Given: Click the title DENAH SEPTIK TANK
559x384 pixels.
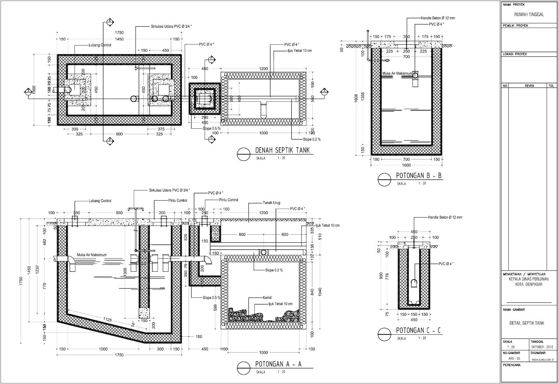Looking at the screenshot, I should tap(282, 150).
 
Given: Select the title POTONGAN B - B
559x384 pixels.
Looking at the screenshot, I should tap(419, 176).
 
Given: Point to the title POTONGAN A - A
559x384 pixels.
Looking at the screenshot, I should tap(276, 364).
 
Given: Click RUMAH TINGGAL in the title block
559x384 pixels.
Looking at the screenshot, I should tap(529, 15).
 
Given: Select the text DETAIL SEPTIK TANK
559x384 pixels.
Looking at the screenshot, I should tap(527, 323).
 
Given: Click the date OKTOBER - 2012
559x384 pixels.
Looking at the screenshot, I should tap(542, 347).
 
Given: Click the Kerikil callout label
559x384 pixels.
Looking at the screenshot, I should tap(267, 298).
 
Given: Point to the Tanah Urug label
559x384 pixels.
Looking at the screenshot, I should tap(271, 203).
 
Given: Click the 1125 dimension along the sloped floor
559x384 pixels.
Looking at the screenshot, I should tap(107, 319).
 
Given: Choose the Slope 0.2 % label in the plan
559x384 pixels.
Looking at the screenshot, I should tap(312, 139).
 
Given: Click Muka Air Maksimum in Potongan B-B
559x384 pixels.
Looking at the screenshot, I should tap(397, 73).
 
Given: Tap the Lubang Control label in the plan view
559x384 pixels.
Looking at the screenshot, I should tap(100, 45).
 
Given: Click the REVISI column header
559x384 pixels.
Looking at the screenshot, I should tap(530, 85).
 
